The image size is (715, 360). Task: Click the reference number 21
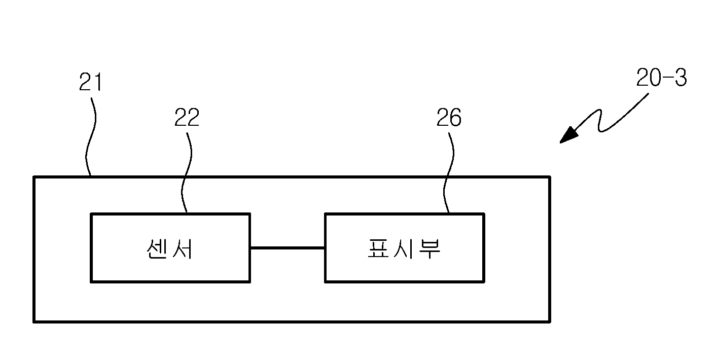click(90, 82)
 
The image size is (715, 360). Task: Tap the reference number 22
click(187, 117)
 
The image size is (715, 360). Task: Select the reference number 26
click(449, 117)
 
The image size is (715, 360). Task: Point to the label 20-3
click(661, 78)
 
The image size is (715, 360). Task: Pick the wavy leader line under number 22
click(187, 172)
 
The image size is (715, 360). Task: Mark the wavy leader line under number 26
click(448, 172)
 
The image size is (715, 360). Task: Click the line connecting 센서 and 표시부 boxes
click(288, 247)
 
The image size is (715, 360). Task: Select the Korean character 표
click(379, 248)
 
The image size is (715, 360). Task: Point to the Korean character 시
click(404, 248)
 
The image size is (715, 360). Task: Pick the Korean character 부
click(430, 249)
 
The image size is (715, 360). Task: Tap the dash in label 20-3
click(668, 78)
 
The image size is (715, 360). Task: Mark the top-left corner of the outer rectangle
click(34, 176)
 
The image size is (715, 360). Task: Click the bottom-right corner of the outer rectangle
click(550, 321)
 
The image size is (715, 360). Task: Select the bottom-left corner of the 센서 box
click(91, 282)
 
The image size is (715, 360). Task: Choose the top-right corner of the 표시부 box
click(484, 214)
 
